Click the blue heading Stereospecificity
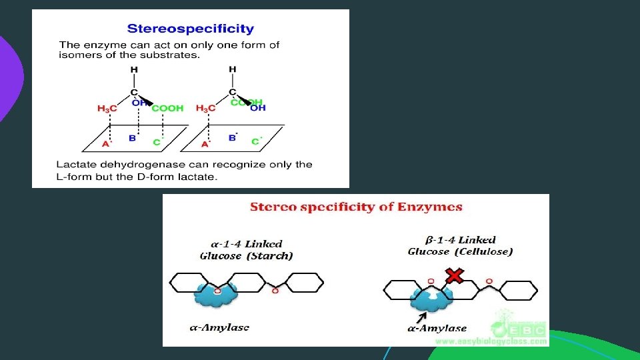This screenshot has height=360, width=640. pos(190,29)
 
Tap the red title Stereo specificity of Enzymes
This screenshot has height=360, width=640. pos(356,207)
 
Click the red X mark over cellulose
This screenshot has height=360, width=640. pos(455,275)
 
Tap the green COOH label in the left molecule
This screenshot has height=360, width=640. pos(167,108)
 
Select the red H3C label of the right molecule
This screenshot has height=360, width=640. pos(206,108)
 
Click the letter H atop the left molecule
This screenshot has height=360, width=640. pos(134,70)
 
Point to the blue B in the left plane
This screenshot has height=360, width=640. pos(132,138)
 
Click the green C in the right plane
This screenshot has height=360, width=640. pos(255,141)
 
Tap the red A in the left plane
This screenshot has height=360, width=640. pos(105,143)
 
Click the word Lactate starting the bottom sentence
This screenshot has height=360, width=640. pos(75,164)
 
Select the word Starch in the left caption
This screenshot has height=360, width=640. pos(274,256)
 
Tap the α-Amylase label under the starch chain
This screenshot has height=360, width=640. pos(219,327)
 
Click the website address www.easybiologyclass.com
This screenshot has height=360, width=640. pos(491,341)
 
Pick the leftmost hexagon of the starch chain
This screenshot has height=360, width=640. pos(189,283)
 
